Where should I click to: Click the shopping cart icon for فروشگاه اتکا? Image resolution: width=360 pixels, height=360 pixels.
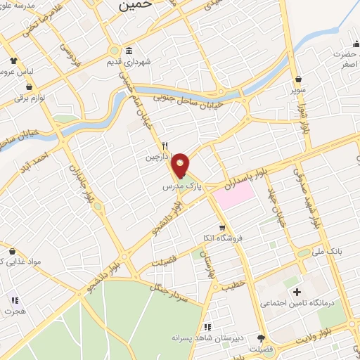click(222, 228)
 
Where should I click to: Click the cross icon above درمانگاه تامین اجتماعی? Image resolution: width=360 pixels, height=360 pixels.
click(297, 292)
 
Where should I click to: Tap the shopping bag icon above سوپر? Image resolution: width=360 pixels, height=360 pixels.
click(300, 79)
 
